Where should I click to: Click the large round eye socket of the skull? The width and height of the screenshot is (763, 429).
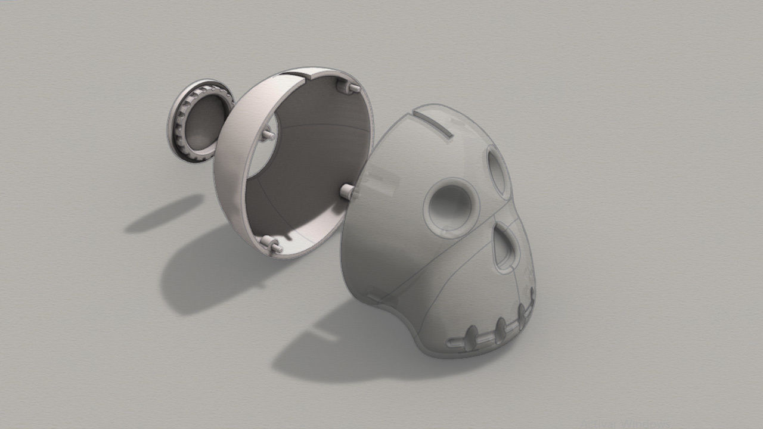pos(451,207)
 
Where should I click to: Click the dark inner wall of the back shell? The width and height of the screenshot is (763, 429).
pos(316,155)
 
